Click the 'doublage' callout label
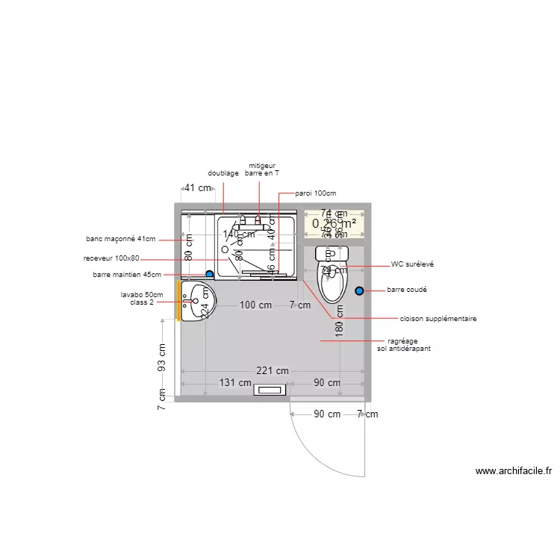tap(223, 173)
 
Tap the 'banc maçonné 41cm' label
tap(121, 239)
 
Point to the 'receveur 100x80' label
tap(112, 258)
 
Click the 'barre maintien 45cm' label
tap(127, 275)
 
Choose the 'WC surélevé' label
tap(412, 264)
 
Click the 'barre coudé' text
tap(407, 290)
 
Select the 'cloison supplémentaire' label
tap(438, 319)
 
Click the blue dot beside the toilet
tap(360, 290)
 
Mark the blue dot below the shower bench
tap(210, 274)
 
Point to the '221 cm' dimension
tap(272, 370)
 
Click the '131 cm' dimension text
tap(235, 382)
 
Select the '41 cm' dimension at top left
tap(197, 188)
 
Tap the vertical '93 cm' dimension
tap(162, 356)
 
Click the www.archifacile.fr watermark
tap(513, 471)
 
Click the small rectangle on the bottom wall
tap(270, 390)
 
